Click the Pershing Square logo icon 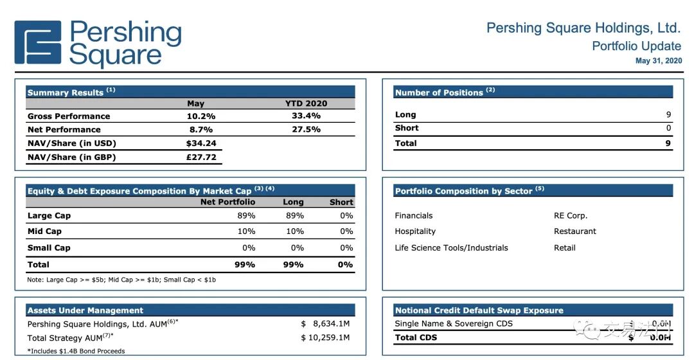[x=38, y=43]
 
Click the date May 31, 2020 [x=658, y=61]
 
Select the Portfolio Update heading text [x=636, y=46]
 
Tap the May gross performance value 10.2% [x=200, y=116]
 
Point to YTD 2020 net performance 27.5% [x=306, y=130]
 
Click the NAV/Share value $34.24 [x=201, y=143]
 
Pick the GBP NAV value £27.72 [x=200, y=157]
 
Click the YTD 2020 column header [x=306, y=104]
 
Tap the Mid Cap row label [x=44, y=231]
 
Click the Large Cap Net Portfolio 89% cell [x=246, y=216]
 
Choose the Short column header [x=341, y=203]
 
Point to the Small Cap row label [x=49, y=248]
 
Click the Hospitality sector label [x=415, y=231]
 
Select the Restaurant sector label [x=575, y=231]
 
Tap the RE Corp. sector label [x=571, y=216]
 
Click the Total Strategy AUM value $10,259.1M [x=326, y=338]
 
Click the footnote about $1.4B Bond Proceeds [x=76, y=351]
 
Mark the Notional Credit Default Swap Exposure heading [x=479, y=310]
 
